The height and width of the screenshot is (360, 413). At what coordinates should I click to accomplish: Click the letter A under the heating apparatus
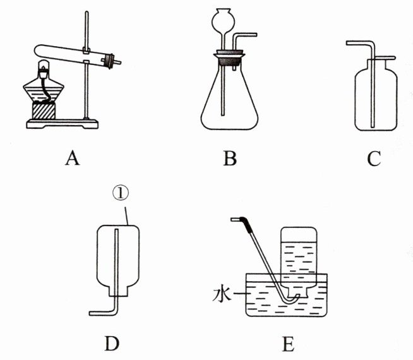coord(72,158)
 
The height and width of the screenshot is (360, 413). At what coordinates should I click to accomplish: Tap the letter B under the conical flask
coord(230,158)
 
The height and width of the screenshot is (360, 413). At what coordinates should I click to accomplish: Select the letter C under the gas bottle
coord(374,158)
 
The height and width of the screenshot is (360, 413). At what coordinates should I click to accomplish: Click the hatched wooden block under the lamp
coord(44,114)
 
